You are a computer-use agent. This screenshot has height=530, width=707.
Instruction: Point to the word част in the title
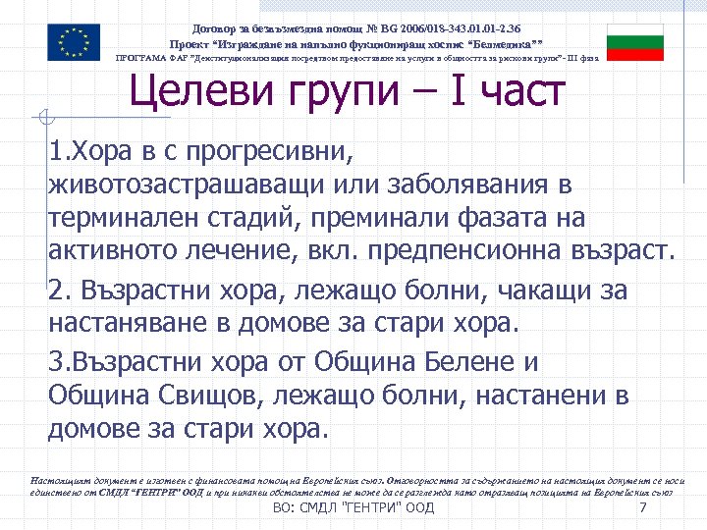click(x=521, y=92)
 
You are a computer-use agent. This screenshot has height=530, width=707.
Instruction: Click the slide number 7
click(x=642, y=508)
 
